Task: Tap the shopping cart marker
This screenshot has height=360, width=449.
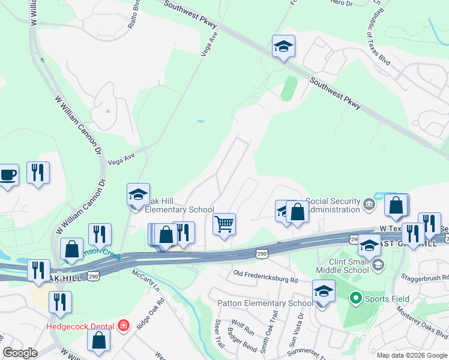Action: click(x=224, y=224)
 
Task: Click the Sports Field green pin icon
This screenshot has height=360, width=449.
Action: click(x=355, y=298)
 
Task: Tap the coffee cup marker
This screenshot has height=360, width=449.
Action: click(x=8, y=175)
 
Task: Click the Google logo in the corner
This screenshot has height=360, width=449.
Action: click(x=20, y=353)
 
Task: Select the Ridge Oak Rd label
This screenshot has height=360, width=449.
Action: click(x=150, y=313)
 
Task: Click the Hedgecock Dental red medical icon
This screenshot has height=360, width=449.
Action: click(x=124, y=326)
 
